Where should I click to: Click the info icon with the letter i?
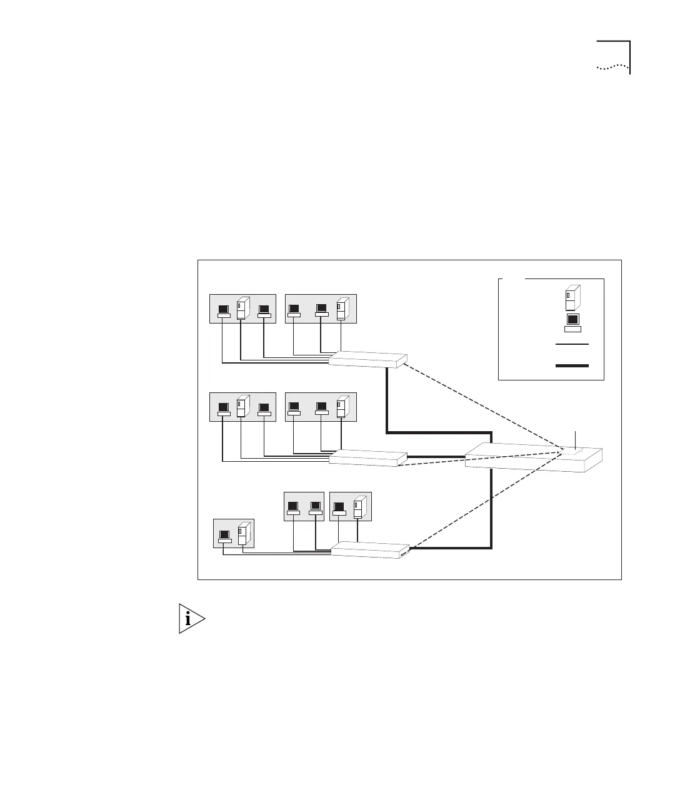[192, 619]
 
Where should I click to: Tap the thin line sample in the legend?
[572, 344]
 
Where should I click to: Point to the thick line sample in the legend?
[572, 365]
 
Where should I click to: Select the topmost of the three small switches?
[367, 359]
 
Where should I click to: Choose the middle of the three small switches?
[367, 457]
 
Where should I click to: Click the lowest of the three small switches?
[369, 549]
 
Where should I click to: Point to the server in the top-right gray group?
[341, 310]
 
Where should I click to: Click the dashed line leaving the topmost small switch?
[481, 404]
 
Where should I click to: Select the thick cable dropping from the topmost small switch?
[388, 400]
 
